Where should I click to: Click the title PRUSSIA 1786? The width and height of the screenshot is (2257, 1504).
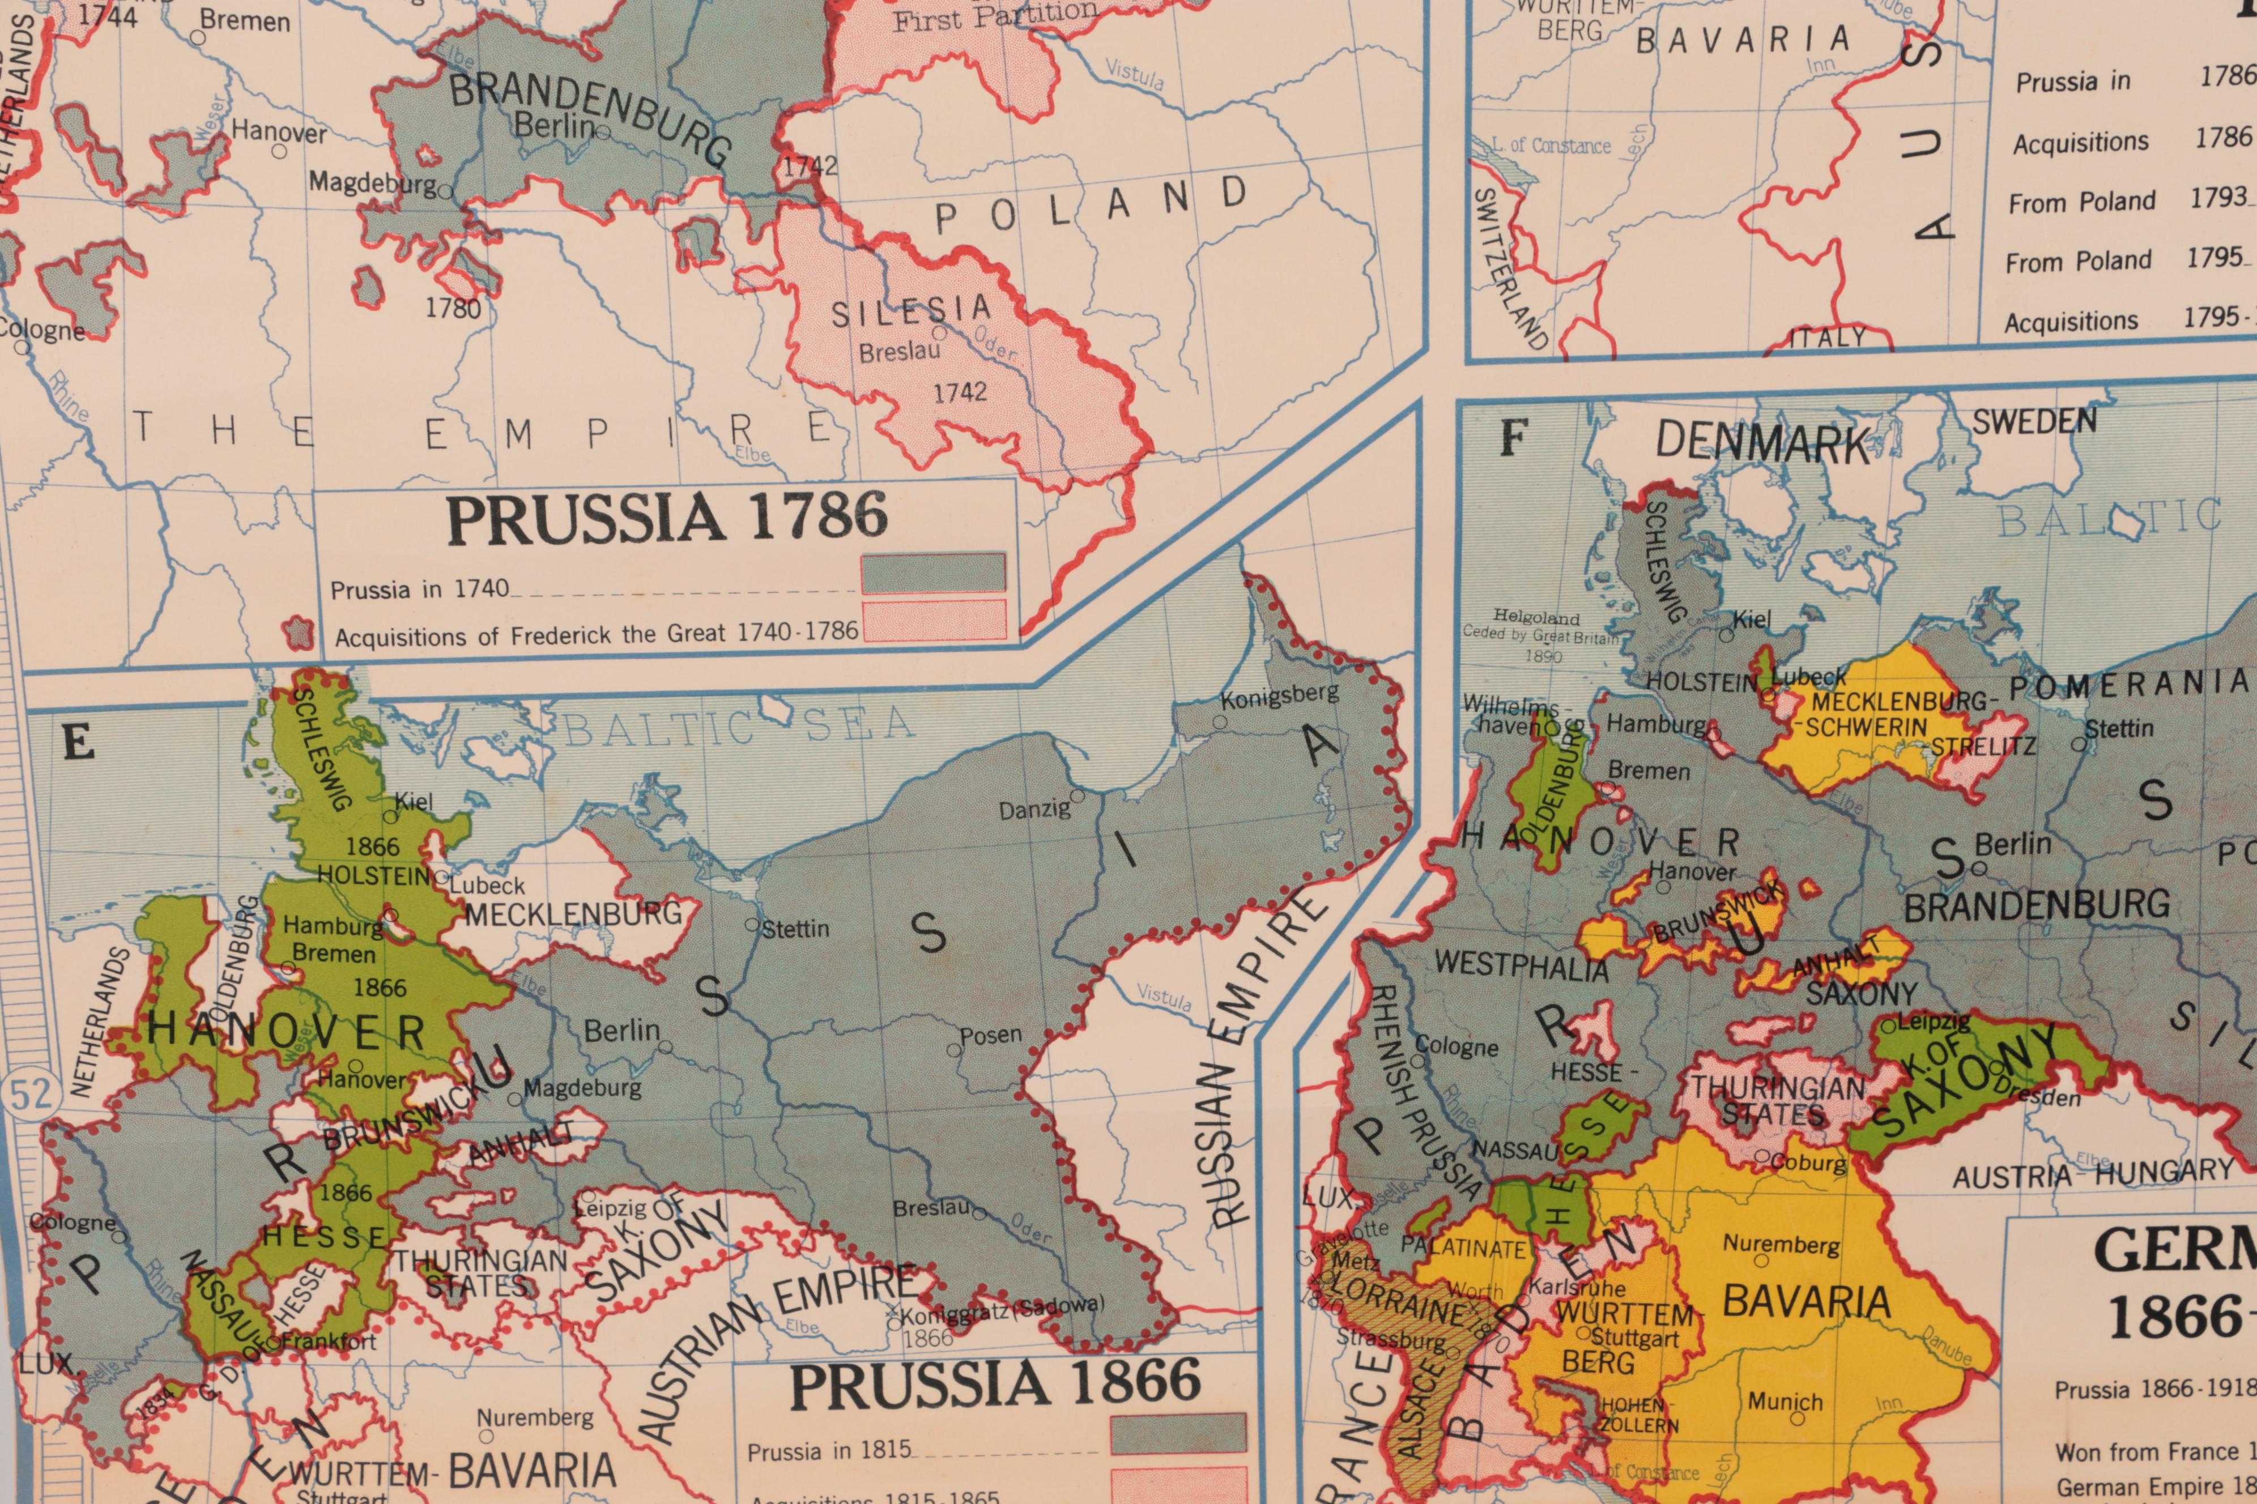pyautogui.click(x=667, y=518)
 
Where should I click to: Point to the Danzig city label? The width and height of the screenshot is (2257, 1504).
pyautogui.click(x=1034, y=810)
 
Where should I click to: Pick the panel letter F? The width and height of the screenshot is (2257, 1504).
pyautogui.click(x=1513, y=439)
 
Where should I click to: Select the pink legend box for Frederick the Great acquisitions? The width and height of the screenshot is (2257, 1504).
pyautogui.click(x=932, y=619)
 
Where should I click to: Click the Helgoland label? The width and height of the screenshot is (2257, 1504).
pyautogui.click(x=1536, y=618)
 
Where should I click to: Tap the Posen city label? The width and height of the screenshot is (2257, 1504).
pyautogui.click(x=991, y=1036)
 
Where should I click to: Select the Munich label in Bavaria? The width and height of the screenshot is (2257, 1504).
pyautogui.click(x=1785, y=1402)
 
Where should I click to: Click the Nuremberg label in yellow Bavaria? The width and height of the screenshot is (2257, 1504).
pyautogui.click(x=1781, y=1245)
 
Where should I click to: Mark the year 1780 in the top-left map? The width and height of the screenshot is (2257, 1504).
pyautogui.click(x=453, y=309)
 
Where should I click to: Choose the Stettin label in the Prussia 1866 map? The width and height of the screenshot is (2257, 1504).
pyautogui.click(x=795, y=929)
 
